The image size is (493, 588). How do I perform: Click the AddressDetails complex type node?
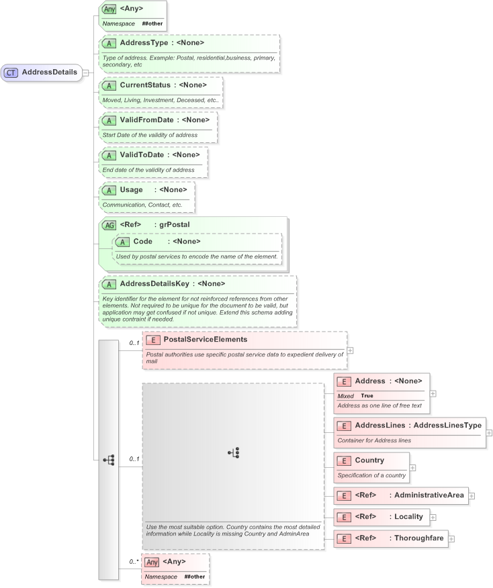click(48, 72)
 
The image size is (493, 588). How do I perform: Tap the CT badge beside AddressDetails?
click(11, 72)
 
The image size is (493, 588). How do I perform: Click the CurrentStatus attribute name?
click(145, 85)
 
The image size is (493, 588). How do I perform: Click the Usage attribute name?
click(131, 189)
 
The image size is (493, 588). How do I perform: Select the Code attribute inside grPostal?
click(142, 241)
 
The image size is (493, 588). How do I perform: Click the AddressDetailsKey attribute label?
click(154, 283)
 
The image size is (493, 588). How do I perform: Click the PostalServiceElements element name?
click(206, 340)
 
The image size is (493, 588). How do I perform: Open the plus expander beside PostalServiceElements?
click(350, 350)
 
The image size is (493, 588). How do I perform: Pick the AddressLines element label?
click(379, 426)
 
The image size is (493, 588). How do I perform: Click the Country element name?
click(369, 460)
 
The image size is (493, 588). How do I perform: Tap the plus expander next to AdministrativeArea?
click(472, 495)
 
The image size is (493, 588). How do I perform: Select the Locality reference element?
click(408, 516)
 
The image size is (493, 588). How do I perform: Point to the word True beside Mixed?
click(367, 396)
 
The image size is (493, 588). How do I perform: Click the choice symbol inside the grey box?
click(234, 452)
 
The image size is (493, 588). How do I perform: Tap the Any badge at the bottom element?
click(152, 562)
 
